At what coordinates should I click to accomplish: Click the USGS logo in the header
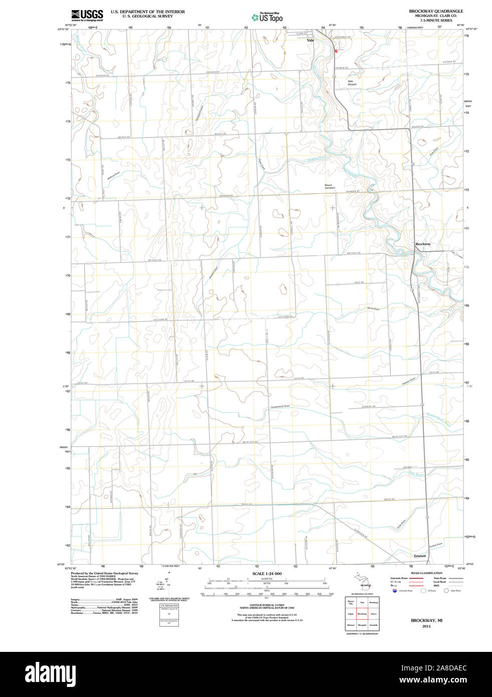[87, 15]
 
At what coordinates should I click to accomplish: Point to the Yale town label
[311, 40]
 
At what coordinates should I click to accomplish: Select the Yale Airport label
[352, 83]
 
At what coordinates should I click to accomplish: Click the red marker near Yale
[336, 51]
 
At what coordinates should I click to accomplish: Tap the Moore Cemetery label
[329, 186]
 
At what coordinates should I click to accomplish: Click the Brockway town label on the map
[423, 244]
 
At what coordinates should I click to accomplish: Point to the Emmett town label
[420, 556]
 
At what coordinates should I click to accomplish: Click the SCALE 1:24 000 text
[267, 574]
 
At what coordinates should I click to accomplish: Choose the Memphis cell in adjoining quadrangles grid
[362, 625]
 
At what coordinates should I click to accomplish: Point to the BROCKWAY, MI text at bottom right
[426, 620]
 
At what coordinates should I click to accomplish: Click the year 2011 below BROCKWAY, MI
[426, 626]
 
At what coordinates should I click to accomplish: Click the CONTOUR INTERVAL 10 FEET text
[267, 605]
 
